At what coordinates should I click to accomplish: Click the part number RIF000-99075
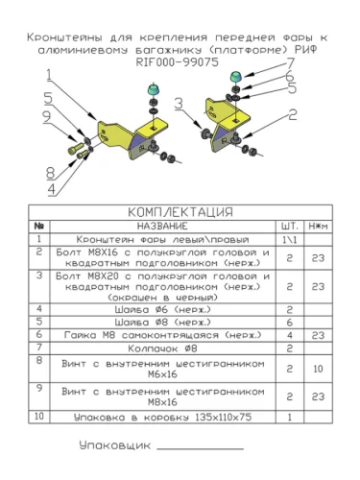coord(178,62)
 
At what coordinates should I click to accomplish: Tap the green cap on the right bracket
coord(236,77)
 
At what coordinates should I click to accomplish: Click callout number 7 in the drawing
coord(290,63)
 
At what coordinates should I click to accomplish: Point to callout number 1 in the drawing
coord(49,75)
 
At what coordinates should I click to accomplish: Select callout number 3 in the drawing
coord(179,104)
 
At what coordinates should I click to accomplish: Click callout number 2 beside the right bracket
coord(293,114)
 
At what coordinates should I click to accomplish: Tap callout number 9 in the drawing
coord(47,117)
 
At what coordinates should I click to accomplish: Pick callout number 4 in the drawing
coord(52,189)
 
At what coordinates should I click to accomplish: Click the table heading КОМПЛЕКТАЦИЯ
coord(180,212)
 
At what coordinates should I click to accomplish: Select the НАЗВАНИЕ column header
coord(162,227)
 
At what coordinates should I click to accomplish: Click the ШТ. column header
coord(290,227)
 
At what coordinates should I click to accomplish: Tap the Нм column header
coord(318,227)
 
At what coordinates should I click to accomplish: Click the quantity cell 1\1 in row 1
coord(290,240)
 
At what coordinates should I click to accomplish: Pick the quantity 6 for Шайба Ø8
coord(290,323)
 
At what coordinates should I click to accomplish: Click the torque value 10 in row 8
coord(318,369)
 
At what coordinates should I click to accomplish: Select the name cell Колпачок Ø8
coord(162,348)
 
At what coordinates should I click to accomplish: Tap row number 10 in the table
coord(39,416)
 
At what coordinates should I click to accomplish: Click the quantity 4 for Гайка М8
coord(290,335)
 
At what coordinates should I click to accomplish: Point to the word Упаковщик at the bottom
coord(115,445)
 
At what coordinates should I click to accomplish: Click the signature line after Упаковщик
coord(201,449)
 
